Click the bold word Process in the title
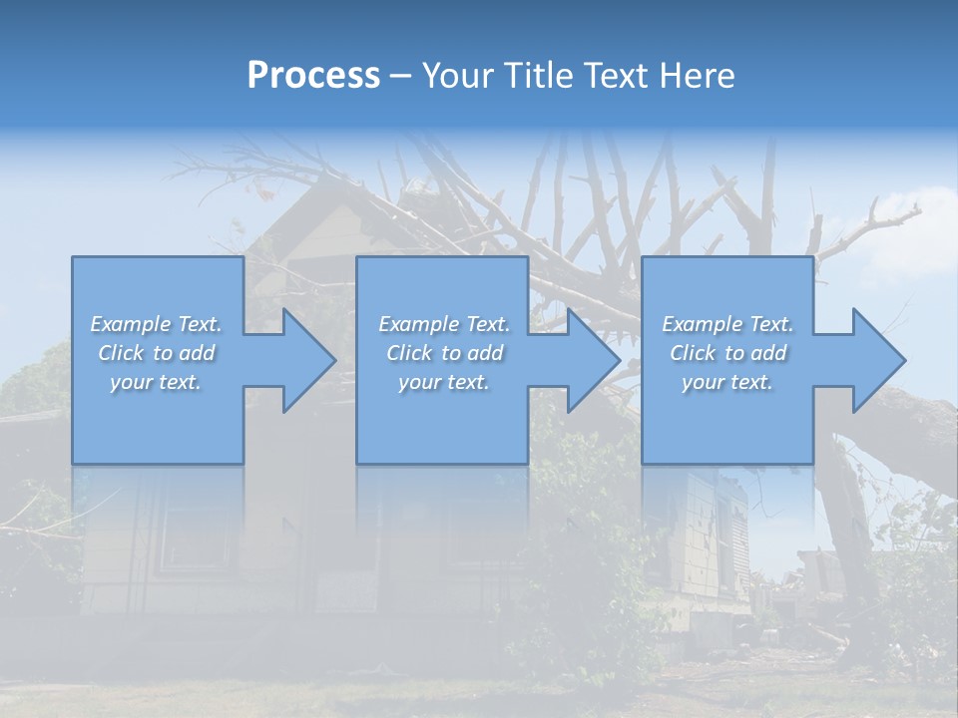tap(313, 76)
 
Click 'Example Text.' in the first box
tap(157, 324)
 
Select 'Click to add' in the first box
tap(157, 353)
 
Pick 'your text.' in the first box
tap(157, 382)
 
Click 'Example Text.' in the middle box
tap(444, 324)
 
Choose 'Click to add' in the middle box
tap(444, 353)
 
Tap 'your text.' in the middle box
tap(444, 382)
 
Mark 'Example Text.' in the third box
tap(727, 324)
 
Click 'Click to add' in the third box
tap(727, 353)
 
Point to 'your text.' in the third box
tap(727, 382)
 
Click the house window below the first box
tap(195, 538)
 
